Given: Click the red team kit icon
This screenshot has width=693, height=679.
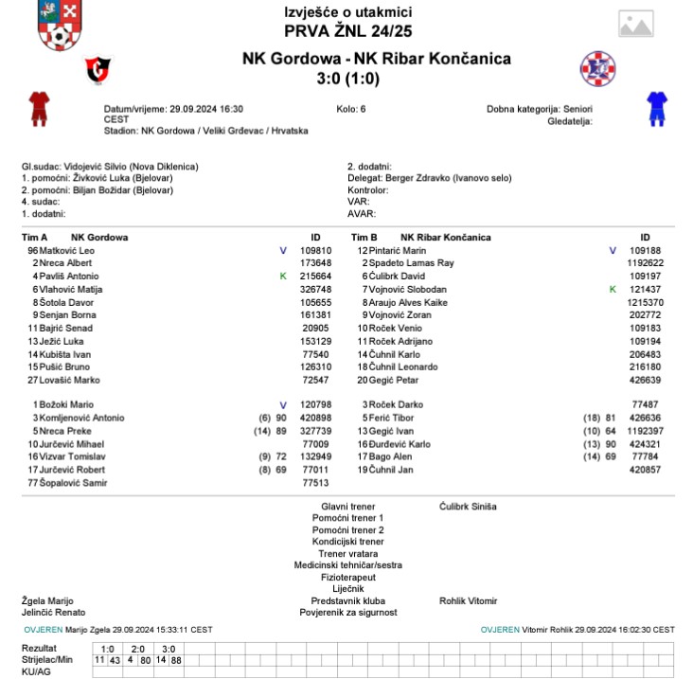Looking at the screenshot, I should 38,109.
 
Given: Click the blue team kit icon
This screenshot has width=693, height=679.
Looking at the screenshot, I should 656,109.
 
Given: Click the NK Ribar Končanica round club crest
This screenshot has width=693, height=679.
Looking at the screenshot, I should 597,68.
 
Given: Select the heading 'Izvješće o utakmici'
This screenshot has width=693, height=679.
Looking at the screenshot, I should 347,11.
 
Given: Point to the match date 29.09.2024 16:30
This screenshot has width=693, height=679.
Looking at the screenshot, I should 173,109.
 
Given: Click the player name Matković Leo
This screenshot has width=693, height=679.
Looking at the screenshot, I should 67,250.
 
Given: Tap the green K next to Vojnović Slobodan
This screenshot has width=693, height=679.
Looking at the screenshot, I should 613,288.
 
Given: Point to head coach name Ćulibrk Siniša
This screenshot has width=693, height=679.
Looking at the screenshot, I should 468,507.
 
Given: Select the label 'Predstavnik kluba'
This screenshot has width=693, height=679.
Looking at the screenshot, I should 347,600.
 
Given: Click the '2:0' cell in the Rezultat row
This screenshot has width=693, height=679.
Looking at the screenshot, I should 138,649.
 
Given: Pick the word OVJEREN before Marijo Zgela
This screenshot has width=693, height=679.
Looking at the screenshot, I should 43,629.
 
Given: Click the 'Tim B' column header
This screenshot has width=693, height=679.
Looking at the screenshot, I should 364,237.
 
